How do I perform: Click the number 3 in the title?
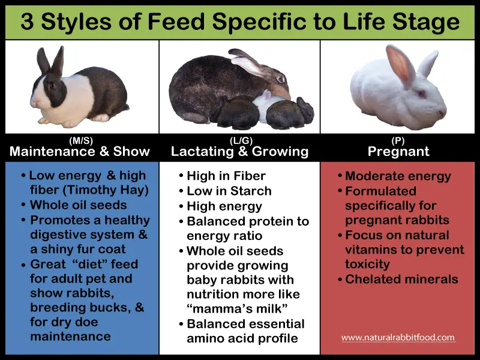tap(27, 22)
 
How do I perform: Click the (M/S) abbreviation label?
tap(81, 140)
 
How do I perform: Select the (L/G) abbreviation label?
tap(241, 140)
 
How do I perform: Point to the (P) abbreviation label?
tap(398, 140)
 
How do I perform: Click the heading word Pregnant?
tap(398, 152)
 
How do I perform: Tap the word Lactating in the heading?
tap(202, 152)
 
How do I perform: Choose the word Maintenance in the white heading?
tap(52, 151)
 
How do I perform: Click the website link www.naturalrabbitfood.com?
tap(398, 337)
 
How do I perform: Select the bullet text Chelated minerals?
tap(401, 279)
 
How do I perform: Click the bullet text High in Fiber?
tap(226, 176)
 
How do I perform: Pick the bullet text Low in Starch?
tap(229, 191)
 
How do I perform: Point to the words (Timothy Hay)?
tap(106, 190)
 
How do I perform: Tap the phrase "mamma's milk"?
tap(237, 308)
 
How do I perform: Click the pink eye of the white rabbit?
tap(422, 94)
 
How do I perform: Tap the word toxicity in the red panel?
tap(368, 264)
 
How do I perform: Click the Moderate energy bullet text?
tap(398, 176)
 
